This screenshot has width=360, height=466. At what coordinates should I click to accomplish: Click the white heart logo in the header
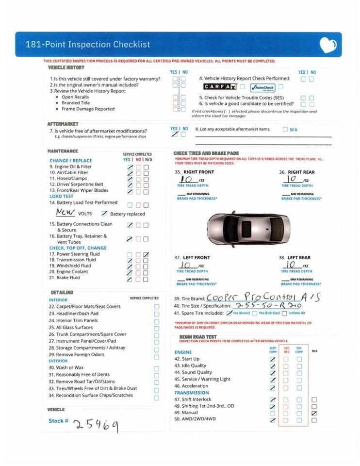point(328,45)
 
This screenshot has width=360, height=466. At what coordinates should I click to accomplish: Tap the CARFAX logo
point(220,87)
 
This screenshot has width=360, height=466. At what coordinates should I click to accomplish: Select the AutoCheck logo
point(262,87)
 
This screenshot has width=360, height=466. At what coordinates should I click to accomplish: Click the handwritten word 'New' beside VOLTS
point(65,213)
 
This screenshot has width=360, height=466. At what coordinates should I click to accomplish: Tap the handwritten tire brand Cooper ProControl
point(262,297)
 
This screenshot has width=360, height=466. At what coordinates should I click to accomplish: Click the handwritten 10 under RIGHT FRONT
point(187,180)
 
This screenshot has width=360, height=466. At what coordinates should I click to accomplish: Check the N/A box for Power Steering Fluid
point(146,254)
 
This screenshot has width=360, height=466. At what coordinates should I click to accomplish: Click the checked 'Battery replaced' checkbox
point(104,214)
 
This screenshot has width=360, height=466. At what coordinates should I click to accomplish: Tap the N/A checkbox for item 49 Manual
point(314,413)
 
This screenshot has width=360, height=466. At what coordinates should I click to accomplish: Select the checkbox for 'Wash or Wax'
point(156,368)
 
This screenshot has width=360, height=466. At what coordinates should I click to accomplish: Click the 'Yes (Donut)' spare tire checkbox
point(229,313)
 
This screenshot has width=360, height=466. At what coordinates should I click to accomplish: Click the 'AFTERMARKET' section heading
point(63,124)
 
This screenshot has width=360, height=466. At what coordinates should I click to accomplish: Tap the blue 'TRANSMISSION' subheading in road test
point(192,393)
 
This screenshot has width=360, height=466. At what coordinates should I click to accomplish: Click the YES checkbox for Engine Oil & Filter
point(130,167)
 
